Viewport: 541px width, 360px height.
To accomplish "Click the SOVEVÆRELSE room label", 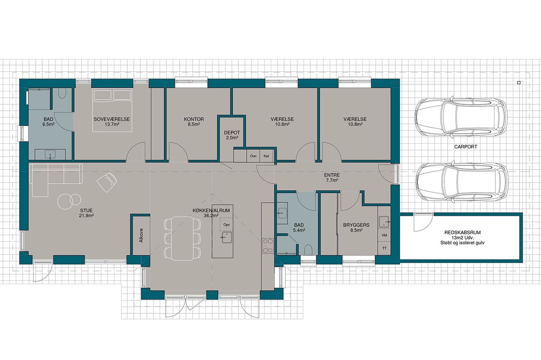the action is tap(112, 119).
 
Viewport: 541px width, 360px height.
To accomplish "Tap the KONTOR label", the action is tap(194, 119).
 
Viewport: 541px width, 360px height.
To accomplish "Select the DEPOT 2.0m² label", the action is tap(232, 135).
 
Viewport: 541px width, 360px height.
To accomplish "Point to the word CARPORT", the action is tap(466, 147).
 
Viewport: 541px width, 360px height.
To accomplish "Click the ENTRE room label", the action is tap(332, 175).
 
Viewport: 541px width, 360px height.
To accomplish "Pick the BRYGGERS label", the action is tap(356, 225).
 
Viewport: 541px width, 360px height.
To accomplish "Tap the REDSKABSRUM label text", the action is tap(462, 233).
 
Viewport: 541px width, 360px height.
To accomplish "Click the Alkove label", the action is tap(141, 235).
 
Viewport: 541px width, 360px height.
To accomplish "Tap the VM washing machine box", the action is tap(384, 235).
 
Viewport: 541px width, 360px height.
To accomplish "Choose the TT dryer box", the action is tap(384, 248).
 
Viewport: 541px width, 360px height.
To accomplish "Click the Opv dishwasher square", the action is tap(226, 224).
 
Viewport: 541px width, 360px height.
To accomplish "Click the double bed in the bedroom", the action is tap(112, 110).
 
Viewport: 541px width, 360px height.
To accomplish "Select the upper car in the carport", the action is tap(460, 117).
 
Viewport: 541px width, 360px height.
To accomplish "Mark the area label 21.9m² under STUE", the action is tap(87, 215).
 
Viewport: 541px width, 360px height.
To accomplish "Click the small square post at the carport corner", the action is tap(519, 83).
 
